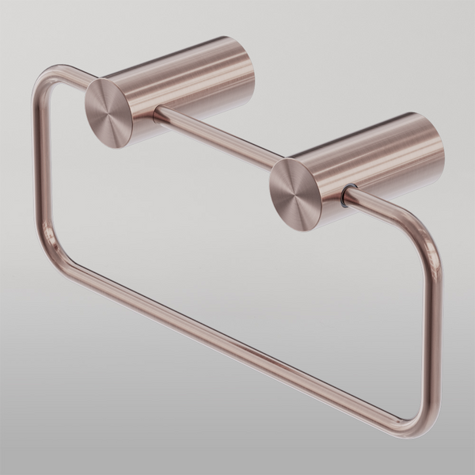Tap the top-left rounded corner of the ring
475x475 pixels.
(x=47, y=79)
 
